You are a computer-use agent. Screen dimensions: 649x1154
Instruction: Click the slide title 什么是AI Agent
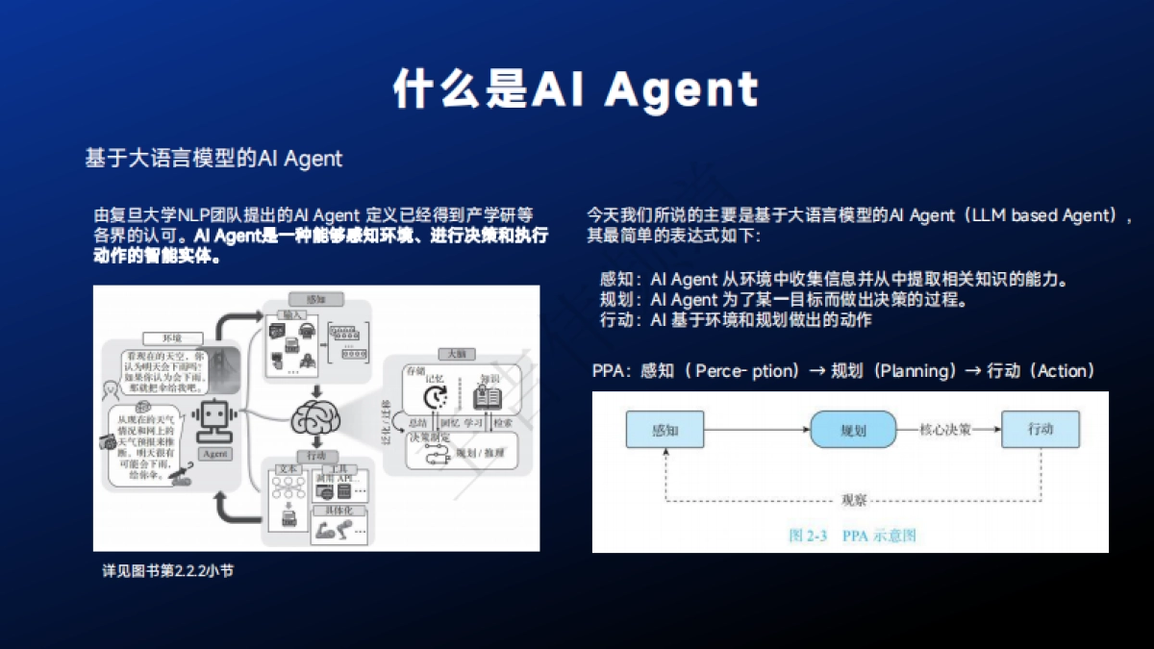click(x=576, y=89)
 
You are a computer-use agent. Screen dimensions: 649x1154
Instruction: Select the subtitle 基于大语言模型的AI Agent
click(x=213, y=159)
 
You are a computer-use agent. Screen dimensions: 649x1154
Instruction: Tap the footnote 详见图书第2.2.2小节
click(x=168, y=571)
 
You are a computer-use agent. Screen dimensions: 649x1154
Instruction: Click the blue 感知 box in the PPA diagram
click(x=665, y=430)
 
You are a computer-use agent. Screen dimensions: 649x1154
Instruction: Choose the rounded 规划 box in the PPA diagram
click(x=853, y=430)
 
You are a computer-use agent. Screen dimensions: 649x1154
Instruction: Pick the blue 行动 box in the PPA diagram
click(x=1040, y=429)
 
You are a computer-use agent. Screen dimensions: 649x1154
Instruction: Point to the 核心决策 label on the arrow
click(x=946, y=430)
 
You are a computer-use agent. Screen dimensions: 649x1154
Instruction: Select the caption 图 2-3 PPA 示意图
click(x=851, y=535)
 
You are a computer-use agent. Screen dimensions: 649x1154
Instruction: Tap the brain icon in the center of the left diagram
click(x=316, y=417)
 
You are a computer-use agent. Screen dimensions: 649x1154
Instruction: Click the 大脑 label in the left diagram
click(x=449, y=353)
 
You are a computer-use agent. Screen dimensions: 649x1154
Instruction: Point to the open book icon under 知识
click(x=489, y=395)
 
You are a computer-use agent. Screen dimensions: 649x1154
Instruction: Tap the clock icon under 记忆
click(x=438, y=395)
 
